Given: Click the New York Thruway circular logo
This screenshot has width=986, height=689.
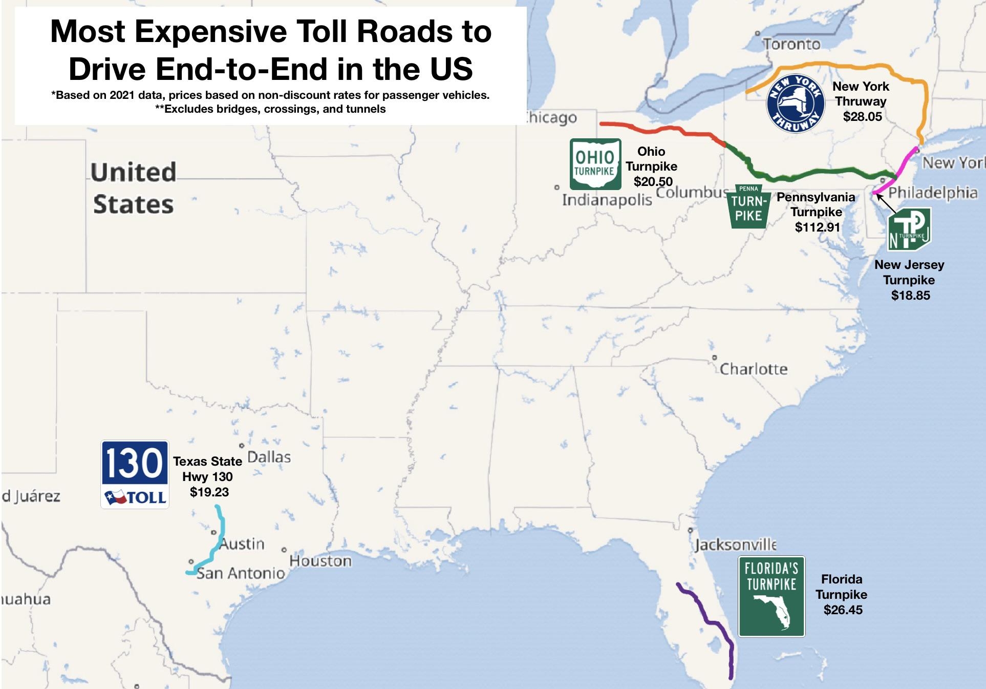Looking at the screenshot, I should (795, 104).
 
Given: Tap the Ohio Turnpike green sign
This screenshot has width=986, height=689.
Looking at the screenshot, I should (595, 164).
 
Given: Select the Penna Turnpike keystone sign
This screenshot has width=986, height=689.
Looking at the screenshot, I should (748, 206).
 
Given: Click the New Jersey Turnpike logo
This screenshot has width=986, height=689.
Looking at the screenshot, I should (909, 229).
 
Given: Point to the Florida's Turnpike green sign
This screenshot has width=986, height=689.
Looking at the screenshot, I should (771, 596).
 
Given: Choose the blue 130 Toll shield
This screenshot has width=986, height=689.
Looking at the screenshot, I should (135, 474).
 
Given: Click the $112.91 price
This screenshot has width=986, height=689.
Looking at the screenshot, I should (817, 227).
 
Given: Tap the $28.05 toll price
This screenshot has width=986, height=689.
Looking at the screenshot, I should (863, 117).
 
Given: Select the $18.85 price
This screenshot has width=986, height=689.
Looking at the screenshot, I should (910, 295).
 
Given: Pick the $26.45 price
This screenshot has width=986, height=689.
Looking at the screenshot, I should (843, 610).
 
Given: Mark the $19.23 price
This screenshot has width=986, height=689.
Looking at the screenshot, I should (209, 492).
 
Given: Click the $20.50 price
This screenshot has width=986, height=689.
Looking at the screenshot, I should (653, 181).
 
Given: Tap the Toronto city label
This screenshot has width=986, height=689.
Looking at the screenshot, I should (791, 45).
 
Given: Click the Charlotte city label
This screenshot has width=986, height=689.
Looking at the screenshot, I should (753, 369).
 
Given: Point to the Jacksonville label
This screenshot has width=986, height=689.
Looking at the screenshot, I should (735, 544).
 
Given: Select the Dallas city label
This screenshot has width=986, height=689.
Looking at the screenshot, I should (269, 457).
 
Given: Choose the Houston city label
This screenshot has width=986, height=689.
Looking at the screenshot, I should (320, 561).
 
